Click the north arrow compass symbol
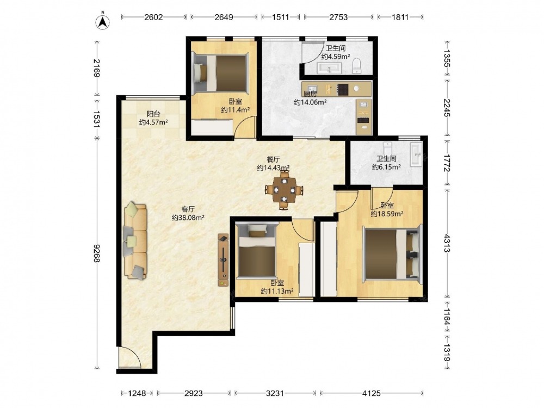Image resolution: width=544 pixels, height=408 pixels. click(x=103, y=22)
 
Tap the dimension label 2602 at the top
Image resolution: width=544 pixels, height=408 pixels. click(x=154, y=17)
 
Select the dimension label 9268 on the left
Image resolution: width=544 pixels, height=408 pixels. click(x=97, y=253)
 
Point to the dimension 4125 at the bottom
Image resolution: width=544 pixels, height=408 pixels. click(x=372, y=393)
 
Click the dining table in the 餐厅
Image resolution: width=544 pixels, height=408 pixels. click(x=284, y=190)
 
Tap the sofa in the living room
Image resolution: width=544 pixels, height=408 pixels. click(x=135, y=241)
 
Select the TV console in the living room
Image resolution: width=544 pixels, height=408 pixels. click(x=224, y=260)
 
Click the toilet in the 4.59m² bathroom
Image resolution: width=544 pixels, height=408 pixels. click(x=357, y=66)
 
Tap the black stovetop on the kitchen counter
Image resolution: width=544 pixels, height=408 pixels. click(x=343, y=90)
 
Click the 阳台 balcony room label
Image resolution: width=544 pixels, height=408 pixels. click(x=154, y=114)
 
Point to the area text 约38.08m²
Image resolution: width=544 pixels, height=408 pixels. click(x=188, y=218)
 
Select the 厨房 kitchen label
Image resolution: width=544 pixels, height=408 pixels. click(x=310, y=94)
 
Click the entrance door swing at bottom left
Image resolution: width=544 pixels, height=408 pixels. click(x=130, y=357)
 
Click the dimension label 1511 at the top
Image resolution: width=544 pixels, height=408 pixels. click(x=280, y=17)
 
